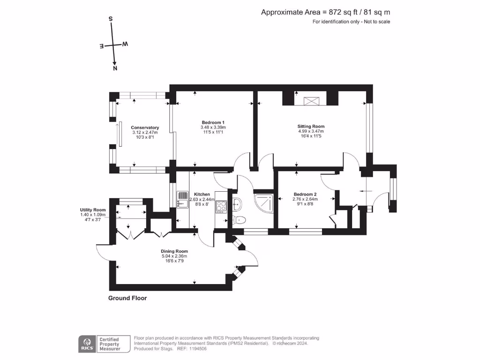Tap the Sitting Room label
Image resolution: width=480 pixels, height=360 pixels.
(311, 126)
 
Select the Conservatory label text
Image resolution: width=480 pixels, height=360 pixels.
(145, 127)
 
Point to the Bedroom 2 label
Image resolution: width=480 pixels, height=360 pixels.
(305, 195)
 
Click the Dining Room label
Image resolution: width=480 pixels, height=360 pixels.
(174, 251)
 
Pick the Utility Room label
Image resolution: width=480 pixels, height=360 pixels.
(93, 210)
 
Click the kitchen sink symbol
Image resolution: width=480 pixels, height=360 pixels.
(181, 199)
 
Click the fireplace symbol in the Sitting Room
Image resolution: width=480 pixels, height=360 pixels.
(309, 101)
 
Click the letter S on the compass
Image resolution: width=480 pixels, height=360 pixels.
(111, 19)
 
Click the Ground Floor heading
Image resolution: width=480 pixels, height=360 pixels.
(127, 298)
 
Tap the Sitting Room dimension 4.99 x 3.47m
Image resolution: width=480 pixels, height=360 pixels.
(311, 131)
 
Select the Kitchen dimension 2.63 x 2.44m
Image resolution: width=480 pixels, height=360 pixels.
(202, 199)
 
